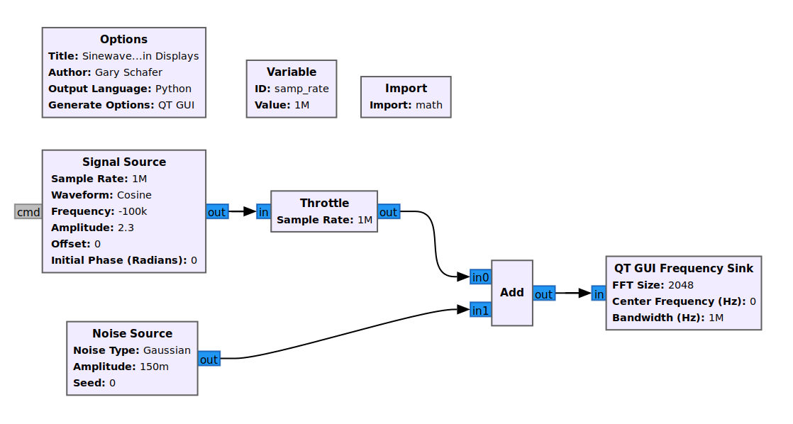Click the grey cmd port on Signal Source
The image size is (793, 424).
(x=28, y=211)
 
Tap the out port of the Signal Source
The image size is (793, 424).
(x=216, y=211)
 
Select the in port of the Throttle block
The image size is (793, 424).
(x=264, y=211)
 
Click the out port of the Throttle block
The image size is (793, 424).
(x=389, y=211)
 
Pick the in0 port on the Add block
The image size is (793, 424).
(x=480, y=277)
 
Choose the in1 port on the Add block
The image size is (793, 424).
(x=480, y=310)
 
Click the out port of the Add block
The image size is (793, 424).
(x=543, y=294)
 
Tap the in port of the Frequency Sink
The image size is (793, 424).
(x=599, y=294)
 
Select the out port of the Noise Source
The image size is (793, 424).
(x=209, y=359)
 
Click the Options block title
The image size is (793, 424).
(x=123, y=40)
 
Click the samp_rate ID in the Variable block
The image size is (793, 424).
(x=301, y=89)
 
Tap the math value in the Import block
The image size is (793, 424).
(x=428, y=105)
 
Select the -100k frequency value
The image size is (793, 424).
(x=132, y=211)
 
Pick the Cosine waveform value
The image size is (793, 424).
(x=134, y=195)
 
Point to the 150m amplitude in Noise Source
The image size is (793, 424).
(x=154, y=367)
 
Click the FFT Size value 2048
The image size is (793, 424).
(x=680, y=285)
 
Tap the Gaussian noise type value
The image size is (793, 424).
(x=167, y=350)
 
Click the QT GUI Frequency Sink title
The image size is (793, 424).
(x=683, y=269)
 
